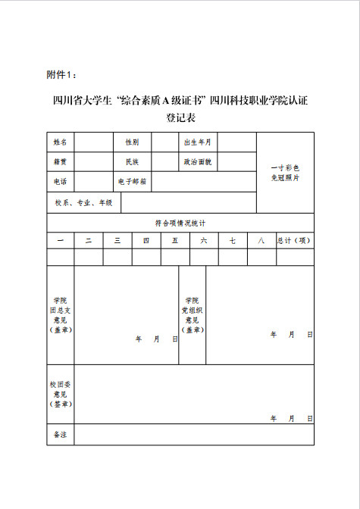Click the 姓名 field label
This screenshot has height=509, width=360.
pos(61,142)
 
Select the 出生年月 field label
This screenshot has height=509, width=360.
pos(199,142)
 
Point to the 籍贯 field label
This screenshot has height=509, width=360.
pos(61,162)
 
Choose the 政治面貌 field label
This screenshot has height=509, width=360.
pos(199,162)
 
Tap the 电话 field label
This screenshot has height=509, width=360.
pos(61,182)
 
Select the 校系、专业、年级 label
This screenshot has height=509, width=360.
pos(83,203)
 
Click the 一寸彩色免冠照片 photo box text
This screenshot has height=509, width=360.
pos(286,173)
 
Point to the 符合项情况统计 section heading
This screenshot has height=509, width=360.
pos(180,223)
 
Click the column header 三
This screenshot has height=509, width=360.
pos(117,240)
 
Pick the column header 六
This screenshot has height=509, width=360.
pos(204,240)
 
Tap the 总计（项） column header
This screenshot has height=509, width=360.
pos(295,240)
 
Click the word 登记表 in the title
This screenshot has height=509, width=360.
pos(180,118)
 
